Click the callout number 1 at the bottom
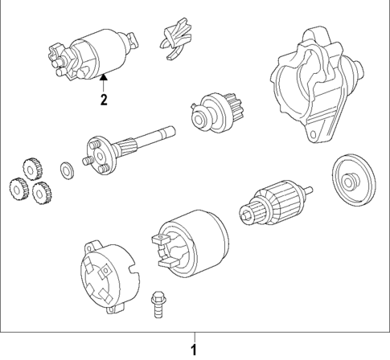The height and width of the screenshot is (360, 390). pos(193,350)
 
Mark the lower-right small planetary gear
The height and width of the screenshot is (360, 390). pos(42,193)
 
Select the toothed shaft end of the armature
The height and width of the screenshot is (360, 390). pos(245,215)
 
